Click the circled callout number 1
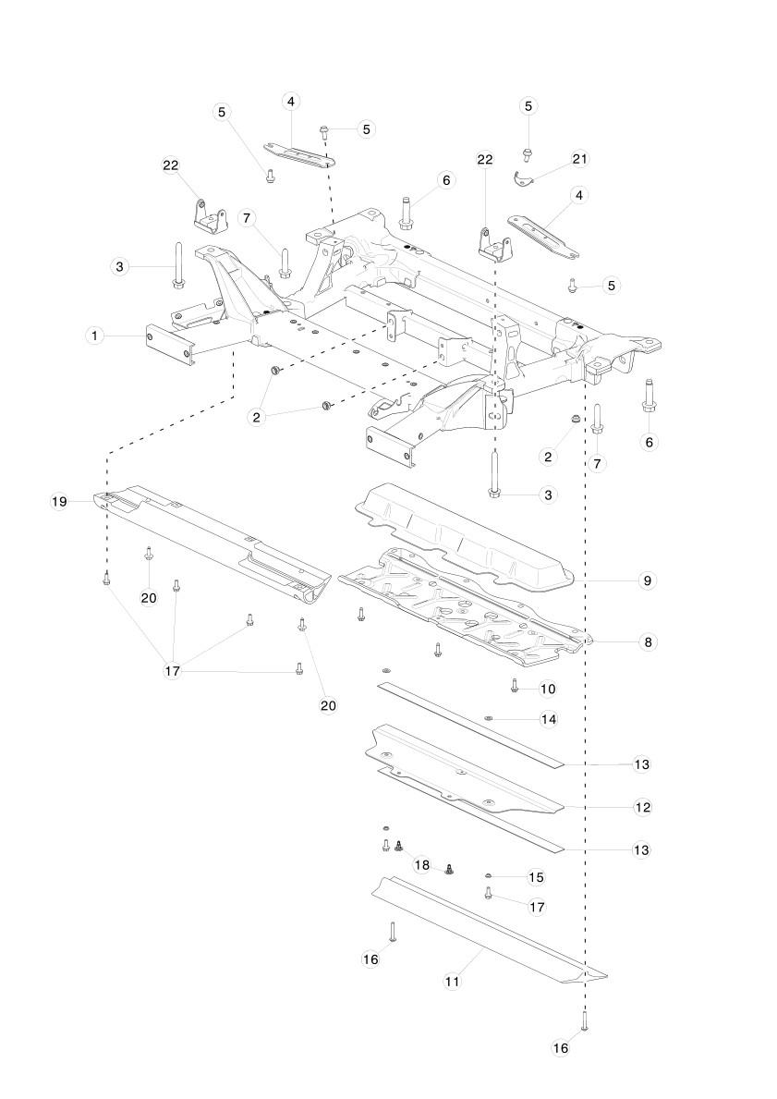(x=93, y=335)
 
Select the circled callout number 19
(x=59, y=501)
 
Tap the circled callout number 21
(x=579, y=159)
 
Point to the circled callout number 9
(x=647, y=580)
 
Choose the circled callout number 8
(x=647, y=641)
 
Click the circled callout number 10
(x=548, y=689)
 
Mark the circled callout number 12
(x=643, y=807)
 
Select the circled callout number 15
(x=536, y=876)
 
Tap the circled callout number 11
(x=452, y=982)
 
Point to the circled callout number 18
(x=422, y=865)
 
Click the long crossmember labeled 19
(x=212, y=541)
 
